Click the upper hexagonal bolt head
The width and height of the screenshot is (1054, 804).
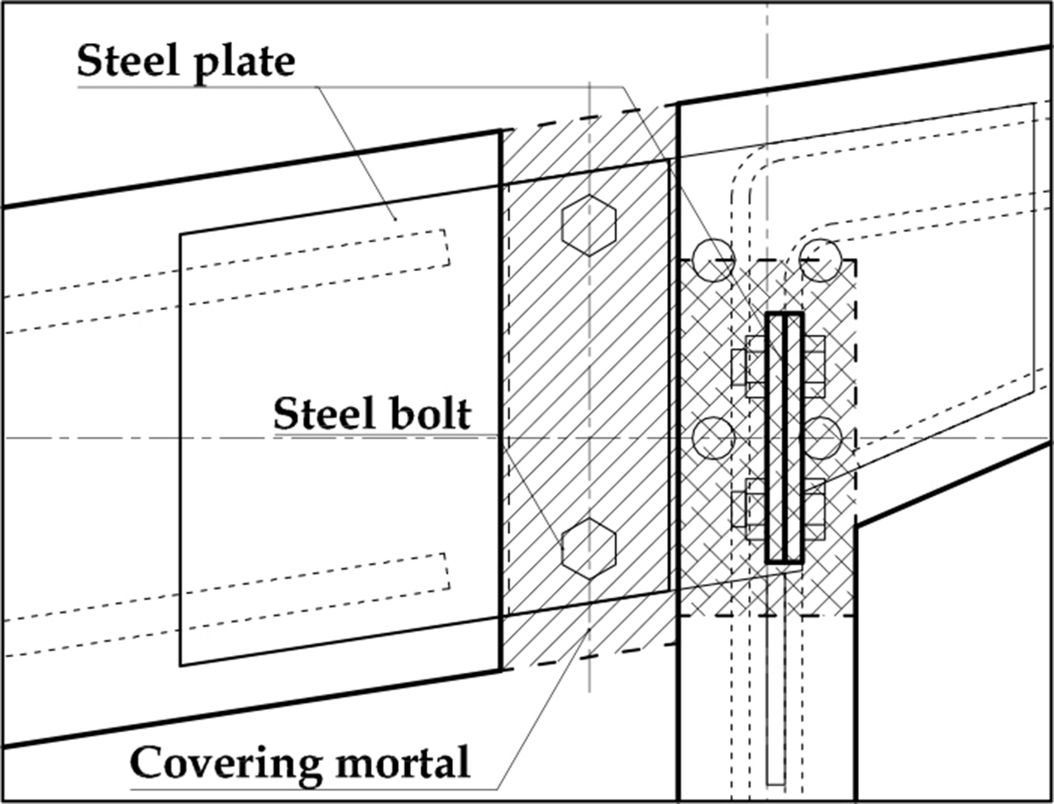589,225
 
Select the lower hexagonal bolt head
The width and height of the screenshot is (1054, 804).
589,549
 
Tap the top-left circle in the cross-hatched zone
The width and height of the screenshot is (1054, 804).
713,261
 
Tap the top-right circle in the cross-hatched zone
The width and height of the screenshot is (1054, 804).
820,261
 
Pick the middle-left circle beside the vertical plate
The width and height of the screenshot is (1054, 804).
713,438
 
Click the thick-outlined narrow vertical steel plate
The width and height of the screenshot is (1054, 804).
784,437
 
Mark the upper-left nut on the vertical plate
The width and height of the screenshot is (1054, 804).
748,367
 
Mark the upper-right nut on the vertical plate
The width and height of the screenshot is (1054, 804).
815,367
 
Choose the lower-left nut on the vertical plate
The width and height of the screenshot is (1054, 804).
748,509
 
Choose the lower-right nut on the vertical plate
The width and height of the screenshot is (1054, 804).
815,509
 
